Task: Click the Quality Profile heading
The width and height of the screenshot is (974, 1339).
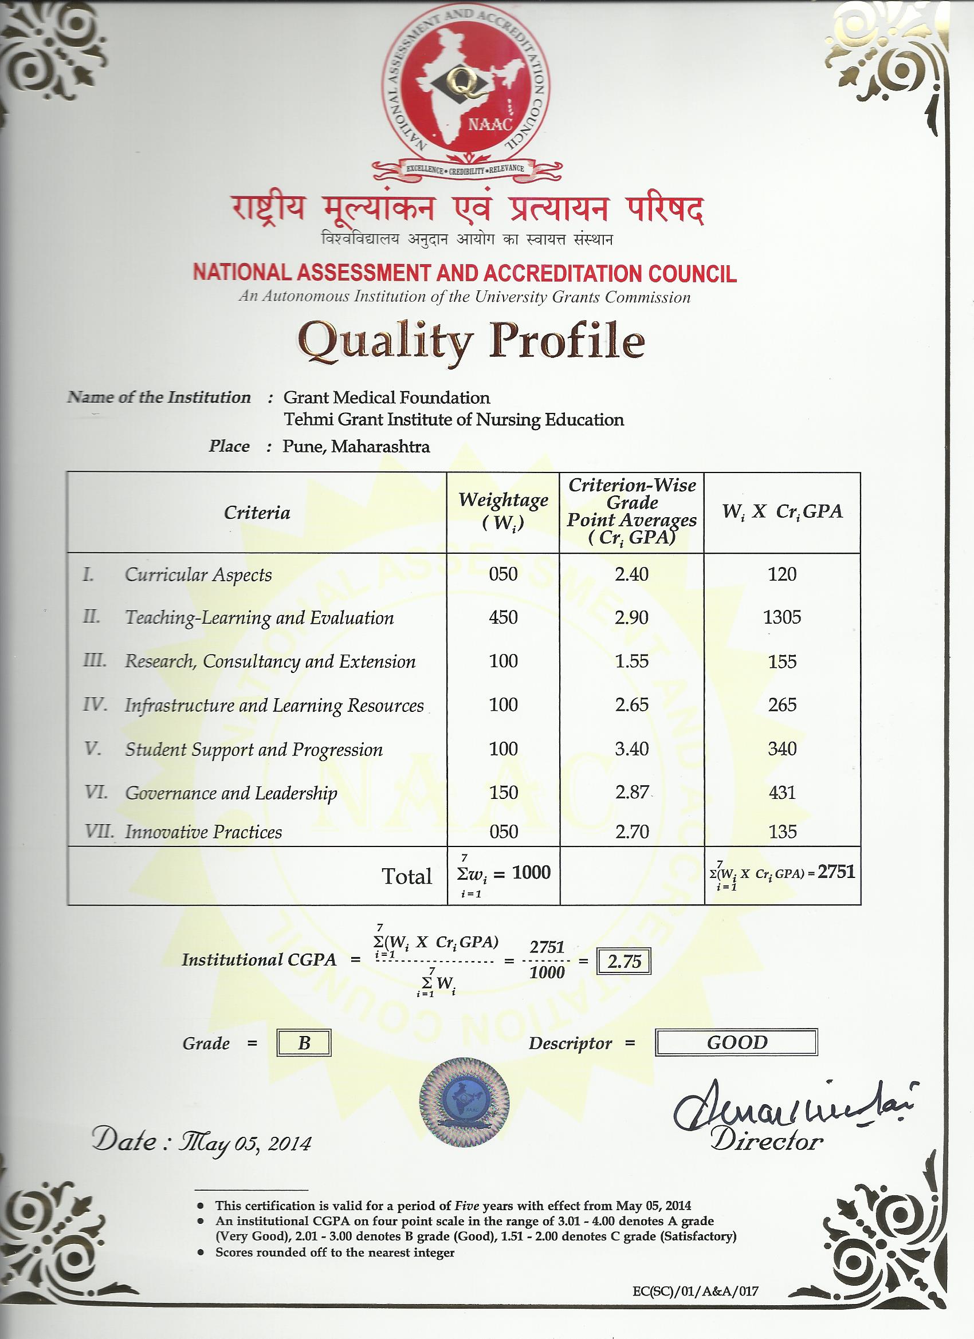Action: (x=471, y=341)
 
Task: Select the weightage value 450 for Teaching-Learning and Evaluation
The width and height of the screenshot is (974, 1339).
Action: (x=503, y=617)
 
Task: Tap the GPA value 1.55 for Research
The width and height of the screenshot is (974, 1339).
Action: (x=631, y=661)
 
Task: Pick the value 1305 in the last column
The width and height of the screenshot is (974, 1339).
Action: (x=782, y=617)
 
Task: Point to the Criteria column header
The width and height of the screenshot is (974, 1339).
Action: (x=257, y=513)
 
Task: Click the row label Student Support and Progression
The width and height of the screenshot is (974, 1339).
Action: (x=253, y=749)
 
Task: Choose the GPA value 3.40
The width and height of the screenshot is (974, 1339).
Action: (x=631, y=749)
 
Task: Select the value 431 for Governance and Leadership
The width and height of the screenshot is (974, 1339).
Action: (x=782, y=792)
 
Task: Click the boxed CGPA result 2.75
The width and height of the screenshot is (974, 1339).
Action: (x=625, y=962)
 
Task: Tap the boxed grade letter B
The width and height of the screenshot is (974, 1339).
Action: (x=304, y=1043)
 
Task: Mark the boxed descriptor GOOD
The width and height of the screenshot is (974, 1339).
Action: (x=737, y=1043)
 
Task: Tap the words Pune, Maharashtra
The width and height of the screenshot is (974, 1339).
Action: (x=356, y=446)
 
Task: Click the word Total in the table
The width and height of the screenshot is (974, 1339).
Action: (x=407, y=877)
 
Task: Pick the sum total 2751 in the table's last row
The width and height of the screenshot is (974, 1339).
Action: (x=836, y=872)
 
